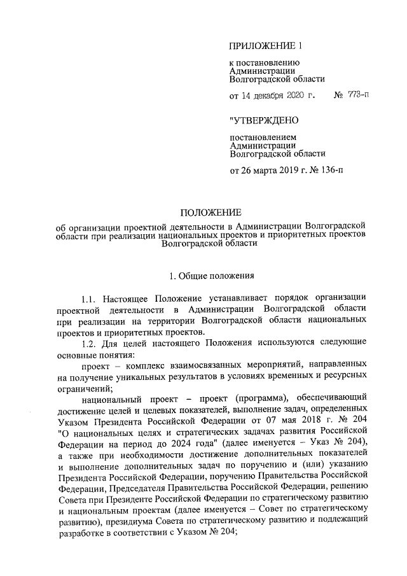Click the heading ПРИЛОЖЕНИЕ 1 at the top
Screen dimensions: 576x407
click(263, 46)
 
